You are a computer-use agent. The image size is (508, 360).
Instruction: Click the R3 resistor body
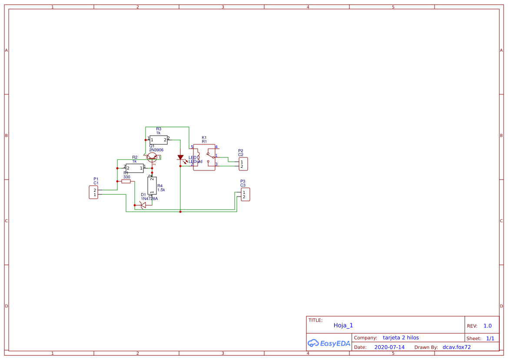pos(159,140)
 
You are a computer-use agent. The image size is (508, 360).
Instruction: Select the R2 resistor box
pos(135,168)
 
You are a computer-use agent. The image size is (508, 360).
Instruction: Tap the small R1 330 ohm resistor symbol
pos(126,181)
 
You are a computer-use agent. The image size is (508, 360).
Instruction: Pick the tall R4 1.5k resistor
pos(152,186)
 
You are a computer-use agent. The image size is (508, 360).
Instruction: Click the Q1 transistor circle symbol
pos(152,157)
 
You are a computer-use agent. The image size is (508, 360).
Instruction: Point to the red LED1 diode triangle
pos(180,157)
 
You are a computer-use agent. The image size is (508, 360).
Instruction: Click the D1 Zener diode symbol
pos(143,204)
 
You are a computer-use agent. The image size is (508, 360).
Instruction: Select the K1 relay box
pos(204,157)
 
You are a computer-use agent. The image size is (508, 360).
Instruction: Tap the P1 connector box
pos(93,192)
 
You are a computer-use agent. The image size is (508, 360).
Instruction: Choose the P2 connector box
pos(243,164)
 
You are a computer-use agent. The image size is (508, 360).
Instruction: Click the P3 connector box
pos(246,194)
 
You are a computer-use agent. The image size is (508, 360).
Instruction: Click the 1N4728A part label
pos(149,199)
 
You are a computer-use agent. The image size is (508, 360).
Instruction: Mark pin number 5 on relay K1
pos(192,147)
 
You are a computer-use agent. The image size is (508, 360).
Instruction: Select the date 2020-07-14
pos(389,347)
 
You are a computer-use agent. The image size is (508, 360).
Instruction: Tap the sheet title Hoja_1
pos(343,325)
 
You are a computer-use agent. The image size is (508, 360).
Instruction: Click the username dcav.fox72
pos(456,347)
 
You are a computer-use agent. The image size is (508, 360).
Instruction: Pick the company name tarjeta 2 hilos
pos(401,337)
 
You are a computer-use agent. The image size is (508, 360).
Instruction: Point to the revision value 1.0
pos(488,326)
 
